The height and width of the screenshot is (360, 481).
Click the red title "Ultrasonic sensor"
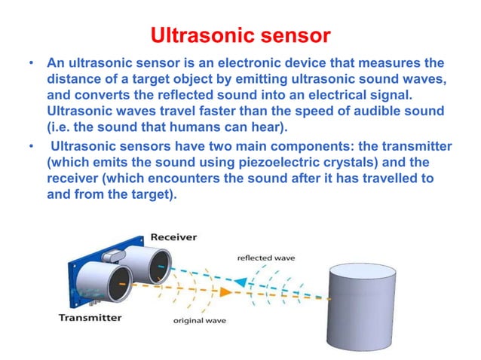pyautogui.click(x=240, y=36)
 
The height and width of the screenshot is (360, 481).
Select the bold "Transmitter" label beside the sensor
pyautogui.click(x=90, y=318)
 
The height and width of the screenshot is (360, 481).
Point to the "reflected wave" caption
pyautogui.click(x=266, y=257)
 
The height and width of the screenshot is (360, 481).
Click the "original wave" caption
pyautogui.click(x=198, y=323)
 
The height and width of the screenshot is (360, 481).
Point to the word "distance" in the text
pyautogui.click(x=73, y=79)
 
